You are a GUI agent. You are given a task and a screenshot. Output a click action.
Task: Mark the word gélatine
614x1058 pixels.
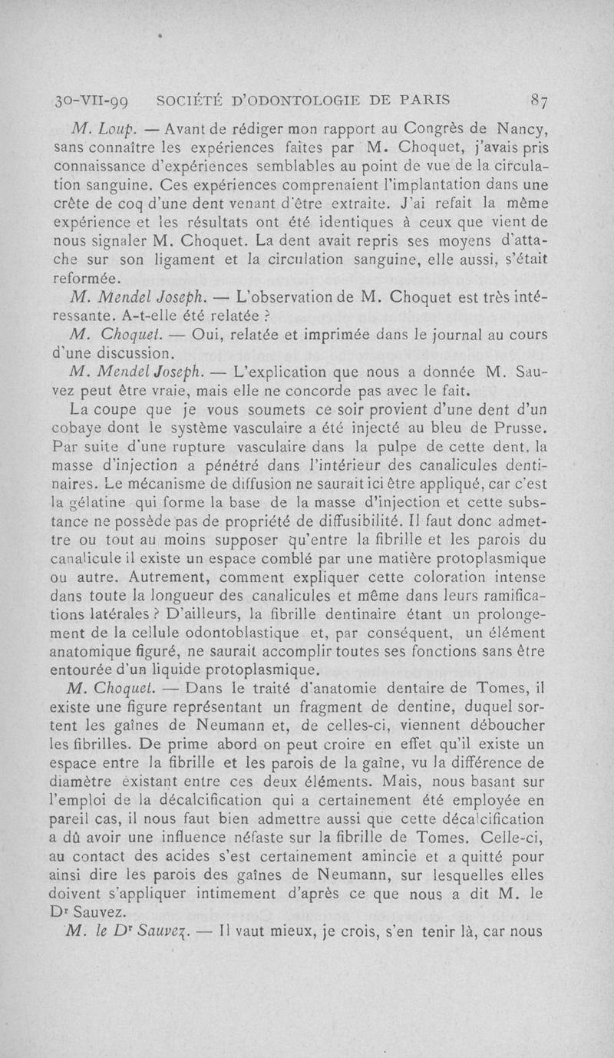[77, 502]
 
